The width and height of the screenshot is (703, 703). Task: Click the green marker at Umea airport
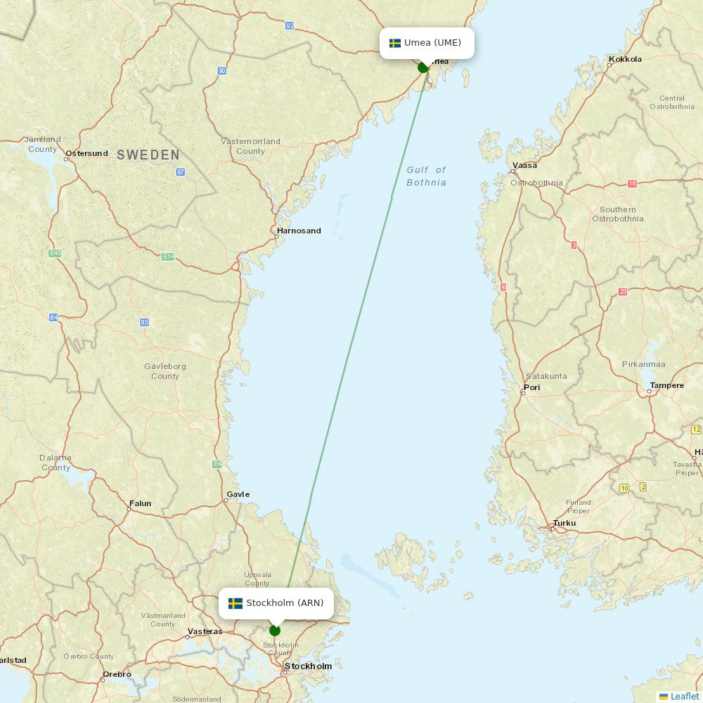click(423, 67)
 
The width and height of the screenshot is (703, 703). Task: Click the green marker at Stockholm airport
click(275, 631)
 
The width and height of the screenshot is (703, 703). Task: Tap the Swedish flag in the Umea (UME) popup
click(395, 43)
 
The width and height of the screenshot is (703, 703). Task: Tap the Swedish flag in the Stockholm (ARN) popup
click(236, 603)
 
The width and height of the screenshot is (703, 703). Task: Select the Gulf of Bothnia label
click(426, 176)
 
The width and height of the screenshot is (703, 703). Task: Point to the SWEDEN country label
click(148, 155)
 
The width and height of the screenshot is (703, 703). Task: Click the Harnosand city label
click(299, 231)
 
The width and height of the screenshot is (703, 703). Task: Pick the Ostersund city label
click(86, 153)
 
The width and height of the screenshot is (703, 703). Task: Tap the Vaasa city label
click(524, 165)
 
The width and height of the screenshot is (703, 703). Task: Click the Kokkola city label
click(625, 59)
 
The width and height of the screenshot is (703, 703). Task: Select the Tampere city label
click(666, 385)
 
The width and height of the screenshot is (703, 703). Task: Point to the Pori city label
click(531, 387)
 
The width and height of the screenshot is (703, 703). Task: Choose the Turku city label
click(565, 523)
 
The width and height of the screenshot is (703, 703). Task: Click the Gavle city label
click(238, 494)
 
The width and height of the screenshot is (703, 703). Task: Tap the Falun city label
click(140, 503)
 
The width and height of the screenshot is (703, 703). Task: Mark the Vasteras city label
click(205, 631)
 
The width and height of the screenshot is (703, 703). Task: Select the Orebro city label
click(117, 674)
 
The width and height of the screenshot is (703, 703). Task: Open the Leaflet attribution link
click(685, 696)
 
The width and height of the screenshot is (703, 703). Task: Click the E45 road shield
click(55, 252)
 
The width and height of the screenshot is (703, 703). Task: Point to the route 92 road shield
click(290, 26)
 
